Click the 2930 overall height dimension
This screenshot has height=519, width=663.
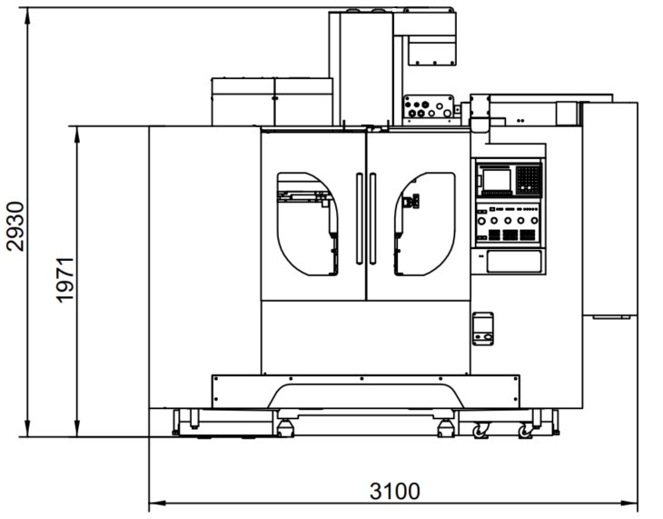[x=15, y=226]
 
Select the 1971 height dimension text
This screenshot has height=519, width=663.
[x=64, y=280]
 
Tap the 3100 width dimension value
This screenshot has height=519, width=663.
[x=395, y=492]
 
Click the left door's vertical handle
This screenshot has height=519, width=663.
[x=360, y=219]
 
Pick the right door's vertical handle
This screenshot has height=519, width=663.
[x=372, y=219]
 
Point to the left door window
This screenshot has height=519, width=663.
[x=307, y=224]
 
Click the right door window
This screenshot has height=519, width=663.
[x=424, y=224]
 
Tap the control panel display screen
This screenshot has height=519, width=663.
[x=497, y=180]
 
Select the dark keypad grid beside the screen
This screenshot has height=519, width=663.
[x=529, y=180]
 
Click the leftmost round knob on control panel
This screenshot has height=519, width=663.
[x=481, y=221]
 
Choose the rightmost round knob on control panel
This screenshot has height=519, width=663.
[x=534, y=221]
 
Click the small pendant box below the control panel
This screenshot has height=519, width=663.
[x=483, y=329]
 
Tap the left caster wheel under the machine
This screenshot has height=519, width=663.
[x=479, y=431]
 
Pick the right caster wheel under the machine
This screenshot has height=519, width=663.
[x=526, y=431]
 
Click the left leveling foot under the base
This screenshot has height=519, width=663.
[x=285, y=427]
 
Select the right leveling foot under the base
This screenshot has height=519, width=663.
[x=445, y=427]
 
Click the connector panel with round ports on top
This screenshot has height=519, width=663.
[x=429, y=106]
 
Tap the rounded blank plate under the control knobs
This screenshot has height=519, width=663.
[x=514, y=262]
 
